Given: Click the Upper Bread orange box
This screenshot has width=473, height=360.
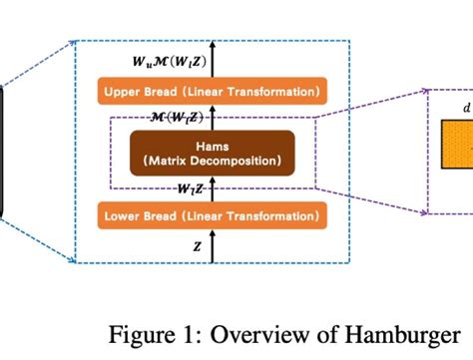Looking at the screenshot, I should coord(212,93).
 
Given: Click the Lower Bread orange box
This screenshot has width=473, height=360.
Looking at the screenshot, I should coord(212,214).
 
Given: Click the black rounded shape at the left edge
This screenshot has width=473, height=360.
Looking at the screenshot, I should coord(2,150).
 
